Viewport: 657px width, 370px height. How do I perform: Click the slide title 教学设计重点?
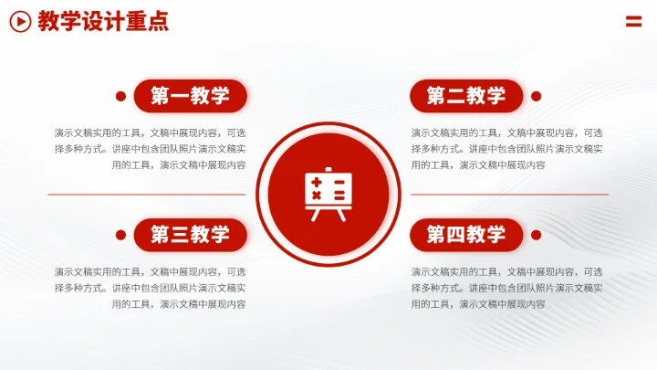(x=103, y=22)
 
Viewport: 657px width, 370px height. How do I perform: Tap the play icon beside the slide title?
(x=20, y=22)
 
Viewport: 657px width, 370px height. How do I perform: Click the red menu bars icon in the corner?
(x=634, y=21)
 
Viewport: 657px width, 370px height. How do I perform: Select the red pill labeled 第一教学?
(x=190, y=96)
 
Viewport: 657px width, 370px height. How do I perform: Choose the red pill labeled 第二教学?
(x=465, y=96)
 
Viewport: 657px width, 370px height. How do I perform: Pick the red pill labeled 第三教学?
(x=190, y=235)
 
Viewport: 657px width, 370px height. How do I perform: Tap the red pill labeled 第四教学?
(x=465, y=235)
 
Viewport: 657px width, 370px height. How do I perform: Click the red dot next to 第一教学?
(x=120, y=96)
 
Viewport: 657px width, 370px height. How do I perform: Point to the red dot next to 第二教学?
(x=536, y=96)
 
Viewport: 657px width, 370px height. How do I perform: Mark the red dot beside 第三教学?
(x=120, y=235)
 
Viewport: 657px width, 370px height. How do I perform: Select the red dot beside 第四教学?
(x=536, y=235)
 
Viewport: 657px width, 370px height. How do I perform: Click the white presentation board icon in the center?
(x=328, y=194)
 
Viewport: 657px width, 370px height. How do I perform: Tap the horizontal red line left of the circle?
(x=146, y=195)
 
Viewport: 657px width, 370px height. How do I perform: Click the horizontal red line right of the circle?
(x=509, y=195)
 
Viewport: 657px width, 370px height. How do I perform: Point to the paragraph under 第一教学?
(x=150, y=148)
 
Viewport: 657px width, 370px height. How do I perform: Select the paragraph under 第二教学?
(x=506, y=148)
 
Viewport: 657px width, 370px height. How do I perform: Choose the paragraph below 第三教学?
(x=150, y=288)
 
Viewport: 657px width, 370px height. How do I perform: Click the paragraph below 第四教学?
(x=506, y=288)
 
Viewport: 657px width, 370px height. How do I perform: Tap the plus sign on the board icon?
(x=318, y=183)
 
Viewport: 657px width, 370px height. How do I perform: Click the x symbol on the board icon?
(x=318, y=196)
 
